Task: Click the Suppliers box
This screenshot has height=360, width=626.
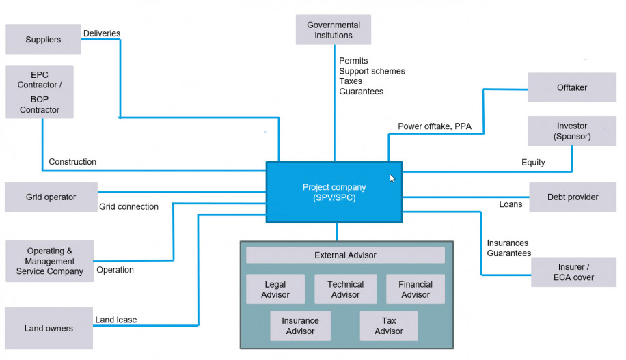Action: (x=43, y=40)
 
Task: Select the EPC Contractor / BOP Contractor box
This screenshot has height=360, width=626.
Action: (x=39, y=92)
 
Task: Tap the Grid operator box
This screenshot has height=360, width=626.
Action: (x=51, y=197)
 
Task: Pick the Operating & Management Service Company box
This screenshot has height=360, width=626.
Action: (x=49, y=261)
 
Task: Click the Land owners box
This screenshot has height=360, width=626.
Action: (x=49, y=329)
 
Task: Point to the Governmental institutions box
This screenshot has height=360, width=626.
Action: (x=334, y=30)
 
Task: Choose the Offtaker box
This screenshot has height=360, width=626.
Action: (x=572, y=87)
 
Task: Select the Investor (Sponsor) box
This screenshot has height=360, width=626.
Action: (x=572, y=131)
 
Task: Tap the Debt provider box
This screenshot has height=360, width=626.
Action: (x=572, y=197)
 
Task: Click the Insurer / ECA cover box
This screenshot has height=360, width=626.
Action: (x=573, y=272)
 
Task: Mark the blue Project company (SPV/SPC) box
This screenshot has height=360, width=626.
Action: (x=334, y=192)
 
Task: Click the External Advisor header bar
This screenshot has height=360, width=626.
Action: (x=345, y=255)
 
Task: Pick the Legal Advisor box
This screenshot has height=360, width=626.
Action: (x=275, y=290)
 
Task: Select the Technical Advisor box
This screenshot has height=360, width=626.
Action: (x=345, y=290)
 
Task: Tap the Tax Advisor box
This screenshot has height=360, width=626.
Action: (x=389, y=326)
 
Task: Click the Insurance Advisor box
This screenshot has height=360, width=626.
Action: (x=300, y=326)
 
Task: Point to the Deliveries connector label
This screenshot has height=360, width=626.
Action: (x=102, y=33)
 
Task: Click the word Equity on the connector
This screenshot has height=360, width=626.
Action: (x=533, y=163)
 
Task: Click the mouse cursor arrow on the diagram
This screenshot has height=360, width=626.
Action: (x=392, y=178)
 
